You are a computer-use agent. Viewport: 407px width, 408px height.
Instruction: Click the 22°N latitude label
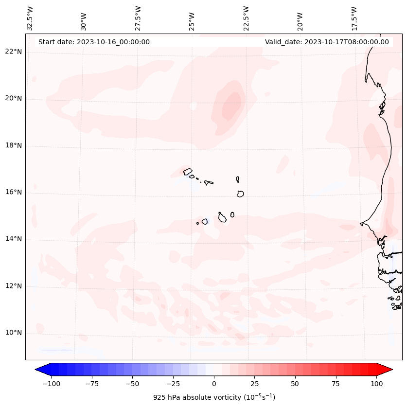pos(14,52)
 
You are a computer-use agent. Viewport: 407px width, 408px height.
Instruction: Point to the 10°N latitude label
pos(14,333)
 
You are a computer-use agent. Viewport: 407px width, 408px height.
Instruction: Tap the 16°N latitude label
pos(14,192)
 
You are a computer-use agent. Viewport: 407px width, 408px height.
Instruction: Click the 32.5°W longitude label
pos(30,18)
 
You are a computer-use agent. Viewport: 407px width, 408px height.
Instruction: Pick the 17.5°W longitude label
pos(354,18)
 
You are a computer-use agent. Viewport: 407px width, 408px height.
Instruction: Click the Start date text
pos(94,42)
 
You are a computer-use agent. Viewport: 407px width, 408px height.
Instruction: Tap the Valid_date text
pos(327,42)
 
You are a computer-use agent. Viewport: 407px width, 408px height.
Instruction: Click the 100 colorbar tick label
pos(376,384)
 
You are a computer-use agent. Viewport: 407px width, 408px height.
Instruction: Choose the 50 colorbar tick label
pos(295,384)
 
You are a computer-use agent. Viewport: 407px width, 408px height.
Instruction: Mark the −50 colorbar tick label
pos(132,384)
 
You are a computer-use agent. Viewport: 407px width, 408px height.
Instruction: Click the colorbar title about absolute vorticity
pos(214,397)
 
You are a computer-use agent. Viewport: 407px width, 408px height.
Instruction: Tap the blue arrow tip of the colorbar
pos(37,370)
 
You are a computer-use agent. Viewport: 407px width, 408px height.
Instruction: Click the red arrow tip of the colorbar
pos(390,370)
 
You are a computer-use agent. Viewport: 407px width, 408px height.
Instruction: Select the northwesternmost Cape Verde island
pos(188,171)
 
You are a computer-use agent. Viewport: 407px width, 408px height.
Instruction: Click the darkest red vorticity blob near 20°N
pos(231,106)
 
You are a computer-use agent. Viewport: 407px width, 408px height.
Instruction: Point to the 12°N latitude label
pos(14,286)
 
